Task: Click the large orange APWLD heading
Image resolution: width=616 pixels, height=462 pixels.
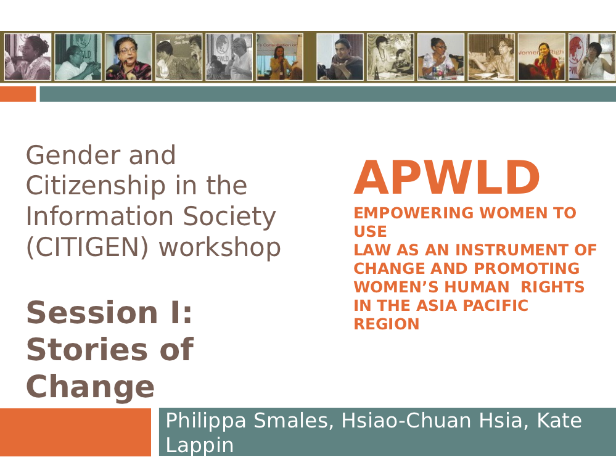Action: coord(446,177)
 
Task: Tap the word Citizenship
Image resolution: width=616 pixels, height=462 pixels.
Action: coord(96,186)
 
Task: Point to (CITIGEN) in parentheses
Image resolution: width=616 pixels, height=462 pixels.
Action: coord(87,247)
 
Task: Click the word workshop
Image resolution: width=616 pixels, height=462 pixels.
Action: coord(220,247)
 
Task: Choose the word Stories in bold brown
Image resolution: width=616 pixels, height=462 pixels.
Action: coord(90,349)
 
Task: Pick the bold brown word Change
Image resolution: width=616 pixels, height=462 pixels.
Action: coord(91,387)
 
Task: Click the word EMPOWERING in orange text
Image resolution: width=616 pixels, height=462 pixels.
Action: coord(414,213)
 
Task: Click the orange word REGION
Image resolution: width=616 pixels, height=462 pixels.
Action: coord(387,324)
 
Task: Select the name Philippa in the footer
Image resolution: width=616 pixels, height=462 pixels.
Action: coord(206,421)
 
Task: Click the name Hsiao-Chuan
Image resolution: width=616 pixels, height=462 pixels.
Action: coord(406,420)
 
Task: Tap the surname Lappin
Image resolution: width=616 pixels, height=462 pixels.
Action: coord(200,446)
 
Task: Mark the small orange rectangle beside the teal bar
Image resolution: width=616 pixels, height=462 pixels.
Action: coord(18,94)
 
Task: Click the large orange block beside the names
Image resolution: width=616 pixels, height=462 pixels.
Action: coord(75,432)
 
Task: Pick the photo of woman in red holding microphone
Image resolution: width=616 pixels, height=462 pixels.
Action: coord(541,57)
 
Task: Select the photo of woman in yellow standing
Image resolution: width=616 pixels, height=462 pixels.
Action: coord(279,57)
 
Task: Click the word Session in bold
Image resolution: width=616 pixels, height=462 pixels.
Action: coord(92,312)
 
